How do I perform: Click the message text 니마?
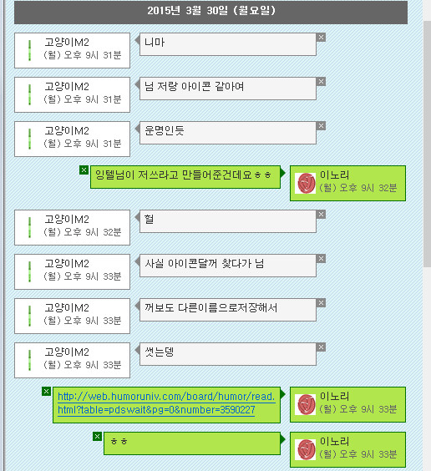pos(155,42)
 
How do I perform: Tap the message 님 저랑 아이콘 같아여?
pos(194,87)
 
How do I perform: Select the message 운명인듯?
pos(164,130)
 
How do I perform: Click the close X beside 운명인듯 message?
pos(321,126)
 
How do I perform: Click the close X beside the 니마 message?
pos(321,38)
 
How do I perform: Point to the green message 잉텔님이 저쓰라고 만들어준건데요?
pos(183,175)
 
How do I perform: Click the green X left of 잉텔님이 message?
pos(84,170)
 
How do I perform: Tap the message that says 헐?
pos(149,219)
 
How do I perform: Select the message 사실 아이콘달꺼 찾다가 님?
pos(205,263)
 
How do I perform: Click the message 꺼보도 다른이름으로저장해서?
pos(210,307)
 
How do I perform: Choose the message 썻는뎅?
pos(160,352)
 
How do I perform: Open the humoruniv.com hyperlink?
pos(166,403)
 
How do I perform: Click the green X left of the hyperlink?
pos(46,392)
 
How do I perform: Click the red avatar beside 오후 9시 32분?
pos(305,183)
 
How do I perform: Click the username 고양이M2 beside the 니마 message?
pos(67,42)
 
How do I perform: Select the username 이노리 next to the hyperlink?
pos(335,396)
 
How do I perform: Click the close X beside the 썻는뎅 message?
pos(321,347)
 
